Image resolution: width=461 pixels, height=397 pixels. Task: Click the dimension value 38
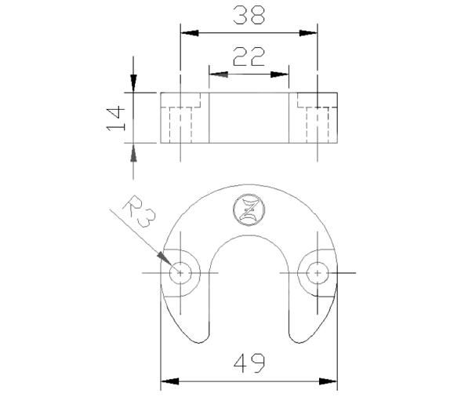coord(249,15)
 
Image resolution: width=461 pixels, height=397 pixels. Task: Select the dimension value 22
coord(249,56)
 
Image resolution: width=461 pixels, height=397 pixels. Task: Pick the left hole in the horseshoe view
coord(181,272)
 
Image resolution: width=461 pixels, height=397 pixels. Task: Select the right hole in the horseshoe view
coord(316,272)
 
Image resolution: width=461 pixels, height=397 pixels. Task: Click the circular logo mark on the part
coord(249,210)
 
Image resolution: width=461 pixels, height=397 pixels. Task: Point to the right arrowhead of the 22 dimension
coord(281,75)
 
